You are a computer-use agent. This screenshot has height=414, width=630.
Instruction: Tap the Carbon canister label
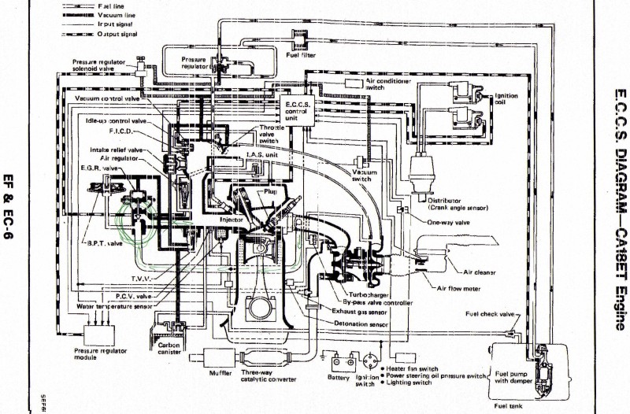[x=169, y=349]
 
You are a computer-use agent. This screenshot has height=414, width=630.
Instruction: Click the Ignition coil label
[x=506, y=100]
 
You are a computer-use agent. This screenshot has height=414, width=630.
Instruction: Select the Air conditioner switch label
[x=388, y=84]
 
